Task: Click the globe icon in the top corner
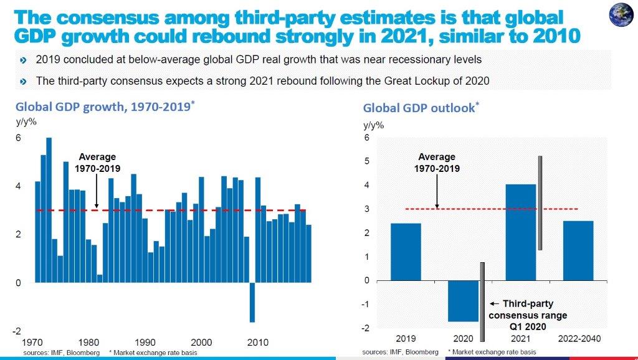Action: click(622, 16)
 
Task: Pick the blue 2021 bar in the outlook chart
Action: click(520, 232)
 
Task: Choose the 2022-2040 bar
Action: click(578, 250)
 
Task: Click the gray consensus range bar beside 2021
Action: click(541, 202)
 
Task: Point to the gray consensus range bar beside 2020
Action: click(482, 301)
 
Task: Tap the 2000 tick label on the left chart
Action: click(201, 343)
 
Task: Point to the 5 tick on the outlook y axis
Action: click(367, 161)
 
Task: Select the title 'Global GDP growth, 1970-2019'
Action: click(105, 107)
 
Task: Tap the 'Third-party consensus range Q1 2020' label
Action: click(528, 315)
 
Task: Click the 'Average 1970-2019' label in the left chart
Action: click(98, 163)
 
